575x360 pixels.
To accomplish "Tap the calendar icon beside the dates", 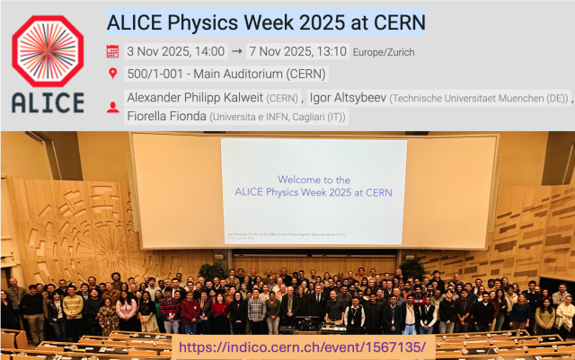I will (112, 51).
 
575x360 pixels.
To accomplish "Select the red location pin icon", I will (112, 74).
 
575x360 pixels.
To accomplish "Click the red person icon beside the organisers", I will (112, 108).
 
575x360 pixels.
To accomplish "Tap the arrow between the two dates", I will (236, 51).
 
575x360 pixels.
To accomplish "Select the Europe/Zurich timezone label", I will (385, 52).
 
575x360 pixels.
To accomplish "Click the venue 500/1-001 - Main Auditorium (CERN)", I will (226, 74).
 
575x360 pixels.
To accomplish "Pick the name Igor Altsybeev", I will (349, 97).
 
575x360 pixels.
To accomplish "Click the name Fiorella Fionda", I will (165, 117).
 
